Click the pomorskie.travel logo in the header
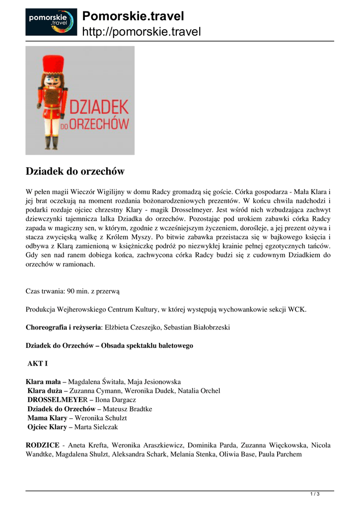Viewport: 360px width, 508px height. click(51, 22)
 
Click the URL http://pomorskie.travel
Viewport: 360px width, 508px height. click(141, 32)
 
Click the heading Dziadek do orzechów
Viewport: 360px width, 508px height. click(74, 172)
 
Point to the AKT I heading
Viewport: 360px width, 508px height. click(37, 364)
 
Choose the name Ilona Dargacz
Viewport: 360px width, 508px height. click(115, 399)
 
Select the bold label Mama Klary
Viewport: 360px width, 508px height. click(47, 418)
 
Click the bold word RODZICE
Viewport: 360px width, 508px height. click(42, 445)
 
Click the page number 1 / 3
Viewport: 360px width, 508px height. click(314, 494)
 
